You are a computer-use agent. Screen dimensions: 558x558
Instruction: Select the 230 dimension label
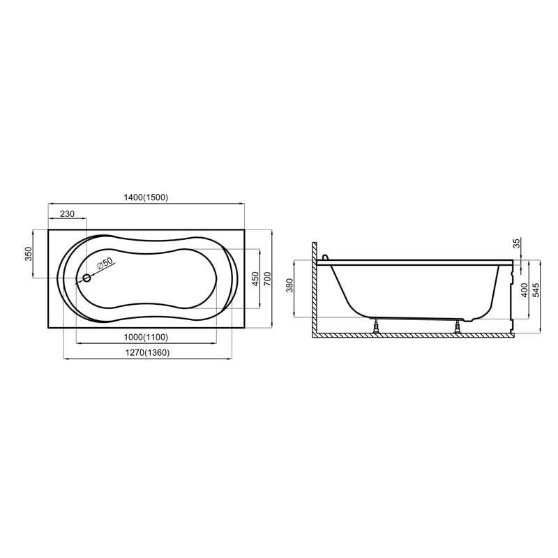coord(67,214)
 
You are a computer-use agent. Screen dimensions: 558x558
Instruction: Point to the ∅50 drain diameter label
coord(103,264)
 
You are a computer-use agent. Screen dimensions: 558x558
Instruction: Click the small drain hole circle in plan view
coord(86,279)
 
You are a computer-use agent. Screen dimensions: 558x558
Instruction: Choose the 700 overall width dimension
coord(266,278)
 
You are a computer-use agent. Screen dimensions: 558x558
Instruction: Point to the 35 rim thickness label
coord(516,243)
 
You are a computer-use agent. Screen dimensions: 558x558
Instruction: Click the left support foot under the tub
coord(377,325)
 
